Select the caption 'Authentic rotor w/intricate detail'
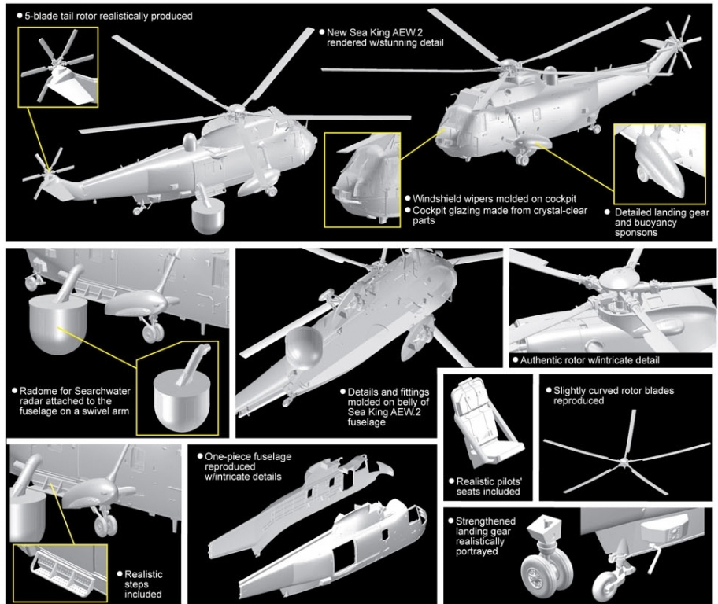click(590, 360)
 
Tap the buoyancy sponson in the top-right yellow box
click(656, 161)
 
